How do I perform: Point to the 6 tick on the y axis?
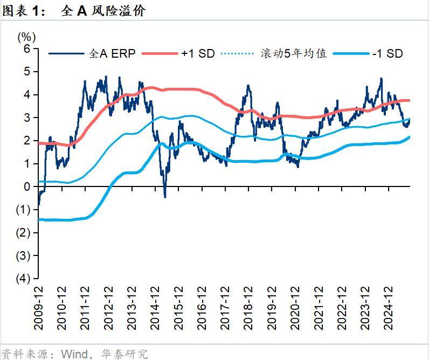point(27,49)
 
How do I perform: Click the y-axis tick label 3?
point(27,118)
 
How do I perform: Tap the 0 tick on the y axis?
point(27,187)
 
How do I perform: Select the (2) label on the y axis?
point(24,233)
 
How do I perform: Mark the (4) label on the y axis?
point(24,279)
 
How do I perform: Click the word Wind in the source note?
point(74,354)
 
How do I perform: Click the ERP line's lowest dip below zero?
point(165,197)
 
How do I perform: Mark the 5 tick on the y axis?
point(27,72)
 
